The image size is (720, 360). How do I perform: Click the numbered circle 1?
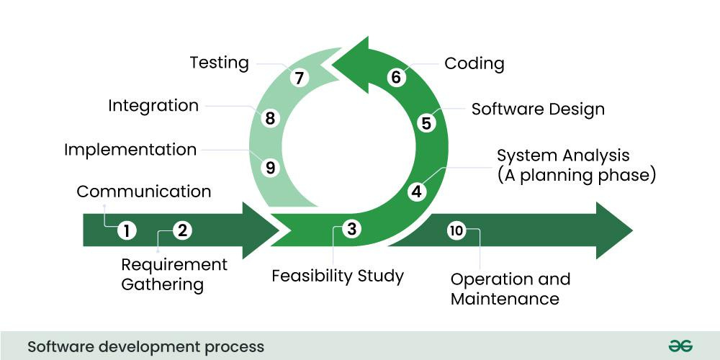(x=127, y=230)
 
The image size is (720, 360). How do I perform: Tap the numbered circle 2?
(x=183, y=230)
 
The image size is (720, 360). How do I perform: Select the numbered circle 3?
(x=351, y=229)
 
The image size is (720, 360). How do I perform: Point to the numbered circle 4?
(x=417, y=192)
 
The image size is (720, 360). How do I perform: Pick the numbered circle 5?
(x=426, y=123)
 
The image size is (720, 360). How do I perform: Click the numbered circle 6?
(x=395, y=77)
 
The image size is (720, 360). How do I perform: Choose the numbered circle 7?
(x=300, y=77)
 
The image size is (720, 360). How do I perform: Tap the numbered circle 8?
(x=270, y=118)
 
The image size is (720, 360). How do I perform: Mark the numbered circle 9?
(x=270, y=168)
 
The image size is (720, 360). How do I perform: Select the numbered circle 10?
(x=456, y=230)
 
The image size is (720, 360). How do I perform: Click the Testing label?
(x=219, y=63)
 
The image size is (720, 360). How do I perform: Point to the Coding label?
(x=474, y=63)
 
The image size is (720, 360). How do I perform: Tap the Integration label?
(x=153, y=106)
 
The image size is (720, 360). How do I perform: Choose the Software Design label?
(x=538, y=109)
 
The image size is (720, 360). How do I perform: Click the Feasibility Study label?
(x=338, y=276)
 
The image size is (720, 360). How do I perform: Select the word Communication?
(x=144, y=192)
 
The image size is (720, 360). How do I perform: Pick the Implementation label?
(x=130, y=150)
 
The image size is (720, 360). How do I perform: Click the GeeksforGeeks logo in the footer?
(x=680, y=346)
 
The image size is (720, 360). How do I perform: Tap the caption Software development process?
(x=146, y=346)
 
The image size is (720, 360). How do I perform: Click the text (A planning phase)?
(x=577, y=175)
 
